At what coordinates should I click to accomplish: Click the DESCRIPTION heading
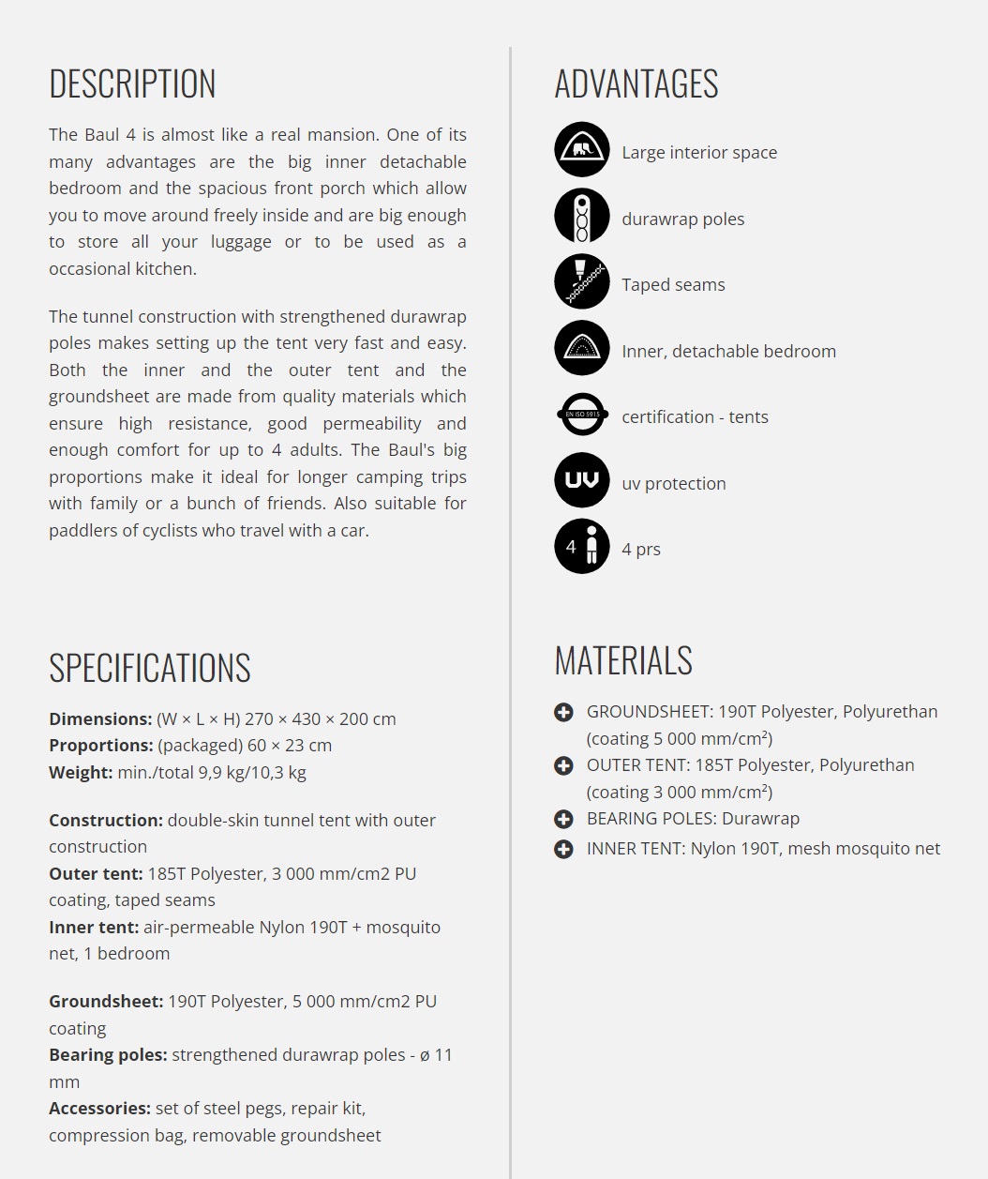(132, 84)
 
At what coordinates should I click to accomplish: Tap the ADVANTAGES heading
(636, 84)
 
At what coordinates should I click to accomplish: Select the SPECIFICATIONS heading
(150, 668)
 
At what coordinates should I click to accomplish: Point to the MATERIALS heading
(623, 660)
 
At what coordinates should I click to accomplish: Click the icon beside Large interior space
(582, 149)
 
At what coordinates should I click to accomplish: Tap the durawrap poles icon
(582, 216)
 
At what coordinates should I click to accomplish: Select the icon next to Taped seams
(582, 281)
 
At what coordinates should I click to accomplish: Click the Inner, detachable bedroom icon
(582, 348)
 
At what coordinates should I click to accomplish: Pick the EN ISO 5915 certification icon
(582, 414)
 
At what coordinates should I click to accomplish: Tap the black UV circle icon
(582, 480)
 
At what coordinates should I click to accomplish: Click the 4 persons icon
(582, 546)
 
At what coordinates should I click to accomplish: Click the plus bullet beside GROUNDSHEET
(563, 713)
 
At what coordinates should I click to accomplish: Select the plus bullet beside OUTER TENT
(563, 766)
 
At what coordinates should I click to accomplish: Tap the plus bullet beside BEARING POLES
(563, 820)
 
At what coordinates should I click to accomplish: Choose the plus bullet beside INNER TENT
(563, 850)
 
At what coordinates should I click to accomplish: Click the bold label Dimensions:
(100, 719)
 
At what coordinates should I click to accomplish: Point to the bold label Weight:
(81, 773)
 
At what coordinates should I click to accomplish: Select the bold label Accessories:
(99, 1109)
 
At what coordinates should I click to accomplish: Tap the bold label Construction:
(106, 821)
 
